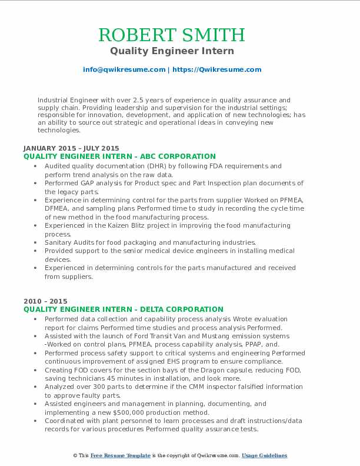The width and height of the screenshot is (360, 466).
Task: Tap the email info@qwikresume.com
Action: [124, 69]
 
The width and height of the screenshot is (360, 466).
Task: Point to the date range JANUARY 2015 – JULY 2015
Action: [71, 148]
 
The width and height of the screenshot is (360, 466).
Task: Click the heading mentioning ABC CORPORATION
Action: [119, 157]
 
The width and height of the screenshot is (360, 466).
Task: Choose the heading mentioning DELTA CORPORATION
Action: [124, 309]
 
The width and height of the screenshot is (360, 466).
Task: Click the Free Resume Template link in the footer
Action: [121, 455]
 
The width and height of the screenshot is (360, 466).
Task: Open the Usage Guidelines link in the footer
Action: [265, 455]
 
